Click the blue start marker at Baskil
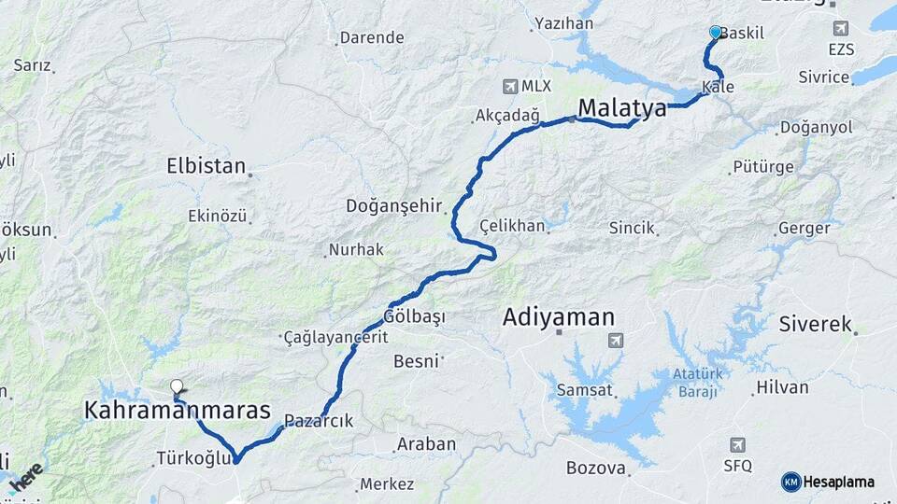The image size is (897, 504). pyautogui.click(x=716, y=32)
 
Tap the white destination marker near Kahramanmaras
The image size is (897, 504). pyautogui.click(x=178, y=386)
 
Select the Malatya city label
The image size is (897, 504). pyautogui.click(x=622, y=108)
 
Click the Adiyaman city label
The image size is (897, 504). pyautogui.click(x=559, y=316)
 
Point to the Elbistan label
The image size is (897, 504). pyautogui.click(x=206, y=167)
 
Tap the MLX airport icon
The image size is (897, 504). pyautogui.click(x=510, y=86)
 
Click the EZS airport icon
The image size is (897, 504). pyautogui.click(x=840, y=28)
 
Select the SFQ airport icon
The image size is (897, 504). pyautogui.click(x=738, y=444)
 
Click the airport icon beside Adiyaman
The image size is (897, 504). pyautogui.click(x=615, y=341)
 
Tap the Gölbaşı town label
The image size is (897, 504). pyautogui.click(x=415, y=317)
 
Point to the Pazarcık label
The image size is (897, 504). pyautogui.click(x=320, y=421)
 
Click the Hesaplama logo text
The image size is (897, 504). pyautogui.click(x=839, y=482)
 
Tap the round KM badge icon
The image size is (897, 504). pyautogui.click(x=790, y=482)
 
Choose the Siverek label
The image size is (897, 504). pyautogui.click(x=815, y=325)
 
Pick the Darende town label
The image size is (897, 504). pyautogui.click(x=372, y=38)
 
